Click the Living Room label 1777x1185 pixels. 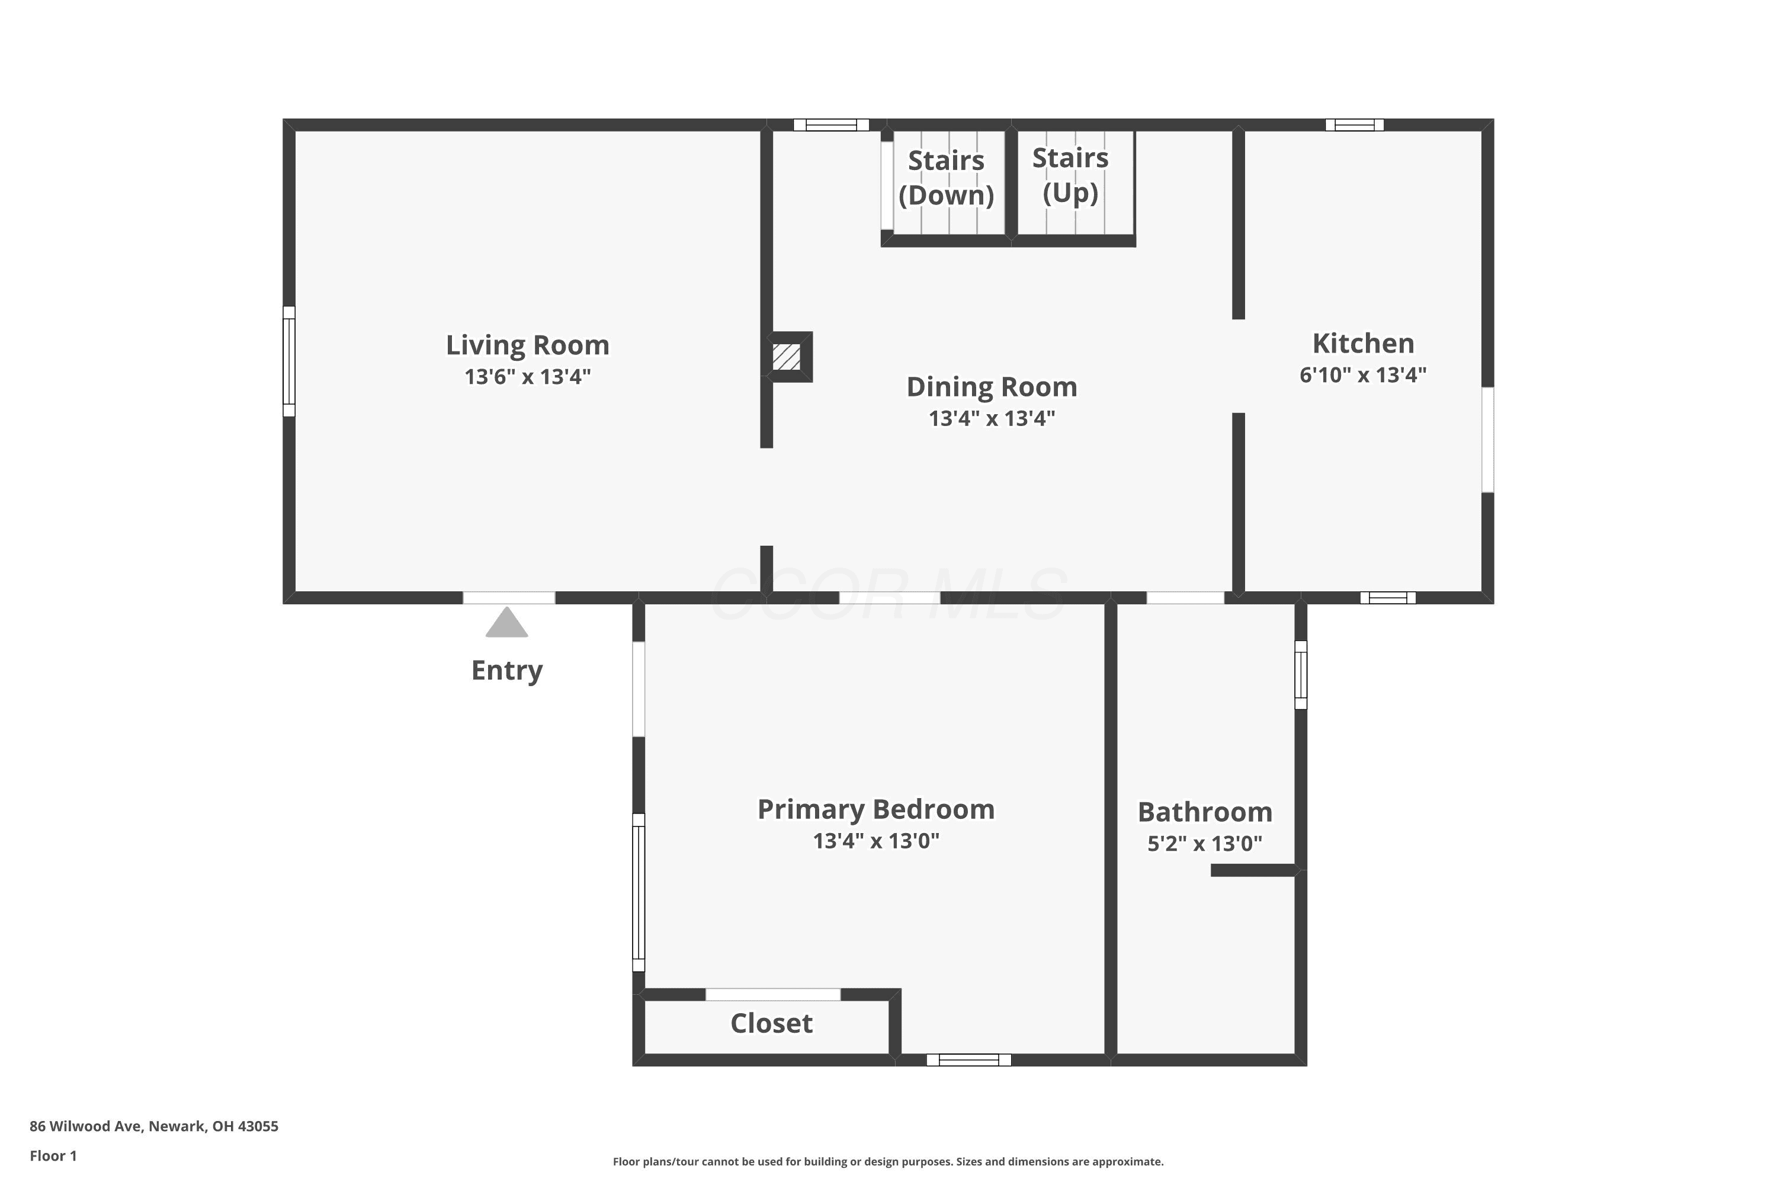point(527,345)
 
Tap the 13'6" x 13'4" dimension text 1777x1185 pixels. point(527,376)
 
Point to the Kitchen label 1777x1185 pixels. point(1363,343)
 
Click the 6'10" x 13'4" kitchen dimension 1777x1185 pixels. point(1363,375)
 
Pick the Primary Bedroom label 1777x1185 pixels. point(875,809)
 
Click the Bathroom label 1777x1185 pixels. point(1205,812)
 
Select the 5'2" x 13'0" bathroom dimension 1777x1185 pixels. point(1205,843)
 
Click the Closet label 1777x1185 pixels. point(771,1023)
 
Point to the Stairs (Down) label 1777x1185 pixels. point(946,178)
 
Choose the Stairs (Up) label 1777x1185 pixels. point(1070,175)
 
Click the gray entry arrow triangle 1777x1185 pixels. point(506,623)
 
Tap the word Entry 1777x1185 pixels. point(507,670)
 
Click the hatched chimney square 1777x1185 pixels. point(786,357)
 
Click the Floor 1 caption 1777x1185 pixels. point(53,1155)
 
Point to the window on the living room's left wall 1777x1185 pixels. point(288,361)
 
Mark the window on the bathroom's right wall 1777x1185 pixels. point(1300,675)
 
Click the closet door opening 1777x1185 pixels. point(772,995)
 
